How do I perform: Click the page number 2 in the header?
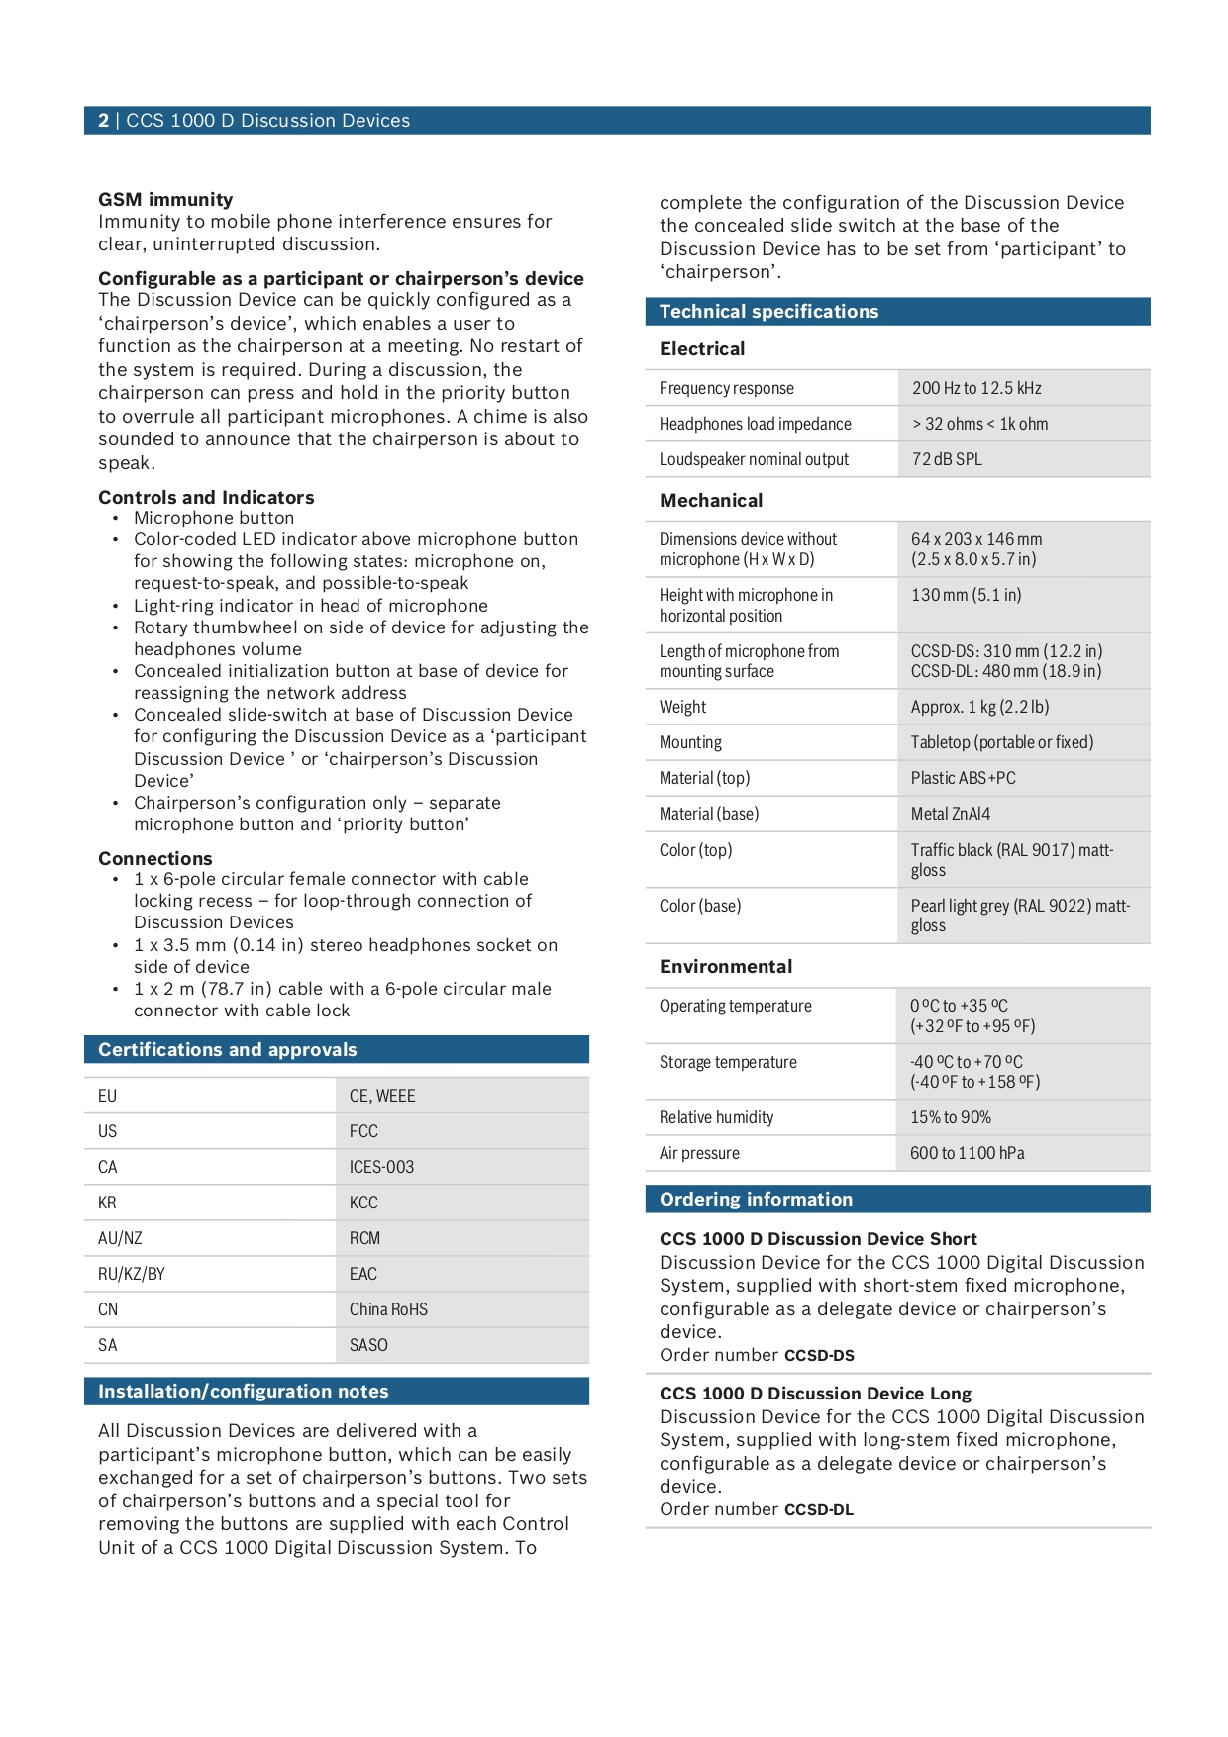pyautogui.click(x=103, y=121)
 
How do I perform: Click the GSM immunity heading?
pyautogui.click(x=165, y=199)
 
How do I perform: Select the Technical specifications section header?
pyautogui.click(x=768, y=312)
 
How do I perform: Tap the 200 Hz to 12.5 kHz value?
pyautogui.click(x=975, y=388)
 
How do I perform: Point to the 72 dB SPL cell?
pyautogui.click(x=947, y=459)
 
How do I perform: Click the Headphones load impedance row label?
pyautogui.click(x=755, y=424)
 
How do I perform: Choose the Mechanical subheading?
pyautogui.click(x=711, y=501)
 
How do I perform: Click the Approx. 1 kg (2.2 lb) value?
pyautogui.click(x=979, y=707)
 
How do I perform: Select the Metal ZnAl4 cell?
pyautogui.click(x=950, y=814)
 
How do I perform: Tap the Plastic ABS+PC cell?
pyautogui.click(x=963, y=778)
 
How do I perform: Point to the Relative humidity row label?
pyautogui.click(x=716, y=1117)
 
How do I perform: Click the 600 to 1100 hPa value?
pyautogui.click(x=967, y=1153)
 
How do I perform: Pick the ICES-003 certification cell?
pyautogui.click(x=381, y=1167)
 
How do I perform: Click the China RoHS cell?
pyautogui.click(x=388, y=1309)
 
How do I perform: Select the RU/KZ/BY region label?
pyautogui.click(x=131, y=1274)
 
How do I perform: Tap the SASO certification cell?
pyautogui.click(x=368, y=1345)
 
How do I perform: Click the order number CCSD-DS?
pyautogui.click(x=819, y=1356)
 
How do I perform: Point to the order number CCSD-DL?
pyautogui.click(x=818, y=1510)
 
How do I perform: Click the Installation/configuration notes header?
pyautogui.click(x=243, y=1392)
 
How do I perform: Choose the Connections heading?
pyautogui.click(x=154, y=858)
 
